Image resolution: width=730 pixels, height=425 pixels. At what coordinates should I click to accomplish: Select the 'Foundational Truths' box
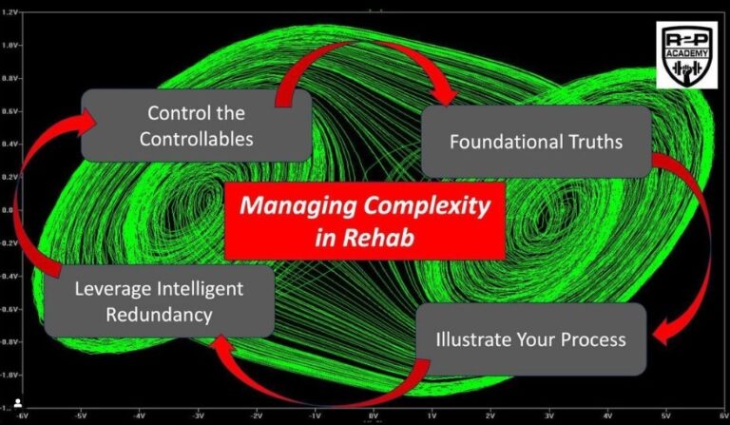[536, 142]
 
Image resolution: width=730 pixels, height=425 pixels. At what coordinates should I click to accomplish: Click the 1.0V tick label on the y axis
[12, 44]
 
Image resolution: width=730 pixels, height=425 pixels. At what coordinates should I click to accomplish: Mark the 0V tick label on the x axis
[373, 415]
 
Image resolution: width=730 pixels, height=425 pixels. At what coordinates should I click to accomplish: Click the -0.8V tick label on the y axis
[11, 340]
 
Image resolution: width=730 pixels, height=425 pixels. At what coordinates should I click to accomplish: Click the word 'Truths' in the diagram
[588, 142]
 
